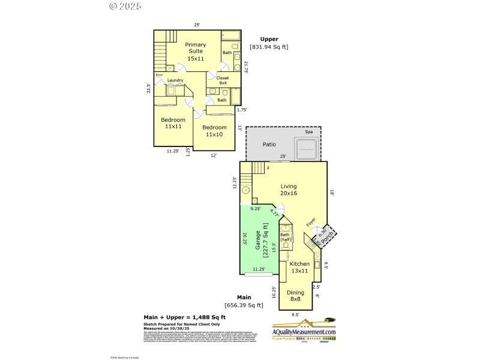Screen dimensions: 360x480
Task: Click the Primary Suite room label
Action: pyautogui.click(x=195, y=52)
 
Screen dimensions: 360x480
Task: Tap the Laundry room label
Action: pyautogui.click(x=175, y=80)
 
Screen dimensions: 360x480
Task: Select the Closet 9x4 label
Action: pyautogui.click(x=222, y=80)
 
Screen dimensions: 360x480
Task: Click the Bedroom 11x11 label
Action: pyautogui.click(x=173, y=123)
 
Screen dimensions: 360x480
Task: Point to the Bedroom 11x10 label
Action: pyautogui.click(x=214, y=131)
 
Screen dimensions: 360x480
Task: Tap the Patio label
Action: pyautogui.click(x=268, y=145)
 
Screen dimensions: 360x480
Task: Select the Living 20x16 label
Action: pyautogui.click(x=289, y=190)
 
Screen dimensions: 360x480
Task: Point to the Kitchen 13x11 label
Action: pyautogui.click(x=299, y=268)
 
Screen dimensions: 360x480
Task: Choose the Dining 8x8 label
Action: pyautogui.click(x=295, y=296)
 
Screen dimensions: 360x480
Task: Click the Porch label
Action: pyautogui.click(x=326, y=238)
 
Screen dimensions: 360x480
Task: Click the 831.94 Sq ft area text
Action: pyautogui.click(x=269, y=47)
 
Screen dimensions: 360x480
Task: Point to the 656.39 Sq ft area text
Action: pyautogui.click(x=244, y=305)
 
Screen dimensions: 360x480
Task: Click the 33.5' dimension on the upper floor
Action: pyautogui.click(x=149, y=88)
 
